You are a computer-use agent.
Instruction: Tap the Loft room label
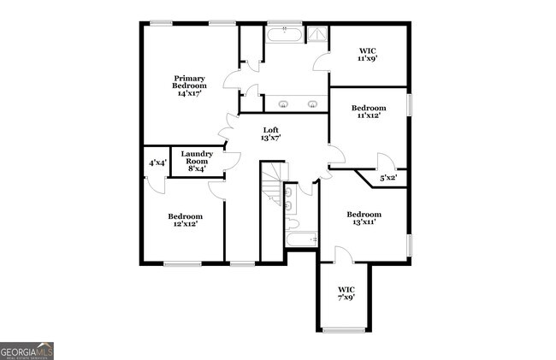point(270,129)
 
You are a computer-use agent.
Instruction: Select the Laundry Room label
point(197,157)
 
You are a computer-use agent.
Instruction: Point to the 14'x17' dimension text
point(189,93)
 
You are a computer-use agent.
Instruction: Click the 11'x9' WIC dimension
point(367,59)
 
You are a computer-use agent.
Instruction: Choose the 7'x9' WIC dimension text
point(346,298)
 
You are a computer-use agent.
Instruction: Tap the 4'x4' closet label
point(157,162)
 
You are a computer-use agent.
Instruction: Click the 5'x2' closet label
point(387,178)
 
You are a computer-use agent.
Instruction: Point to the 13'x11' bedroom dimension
point(364,221)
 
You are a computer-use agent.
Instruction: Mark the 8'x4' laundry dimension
point(197,168)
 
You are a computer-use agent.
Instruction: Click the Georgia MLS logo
point(27,351)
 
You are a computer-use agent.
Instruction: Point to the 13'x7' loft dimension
point(271,138)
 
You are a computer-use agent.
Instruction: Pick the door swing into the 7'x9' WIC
point(341,254)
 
